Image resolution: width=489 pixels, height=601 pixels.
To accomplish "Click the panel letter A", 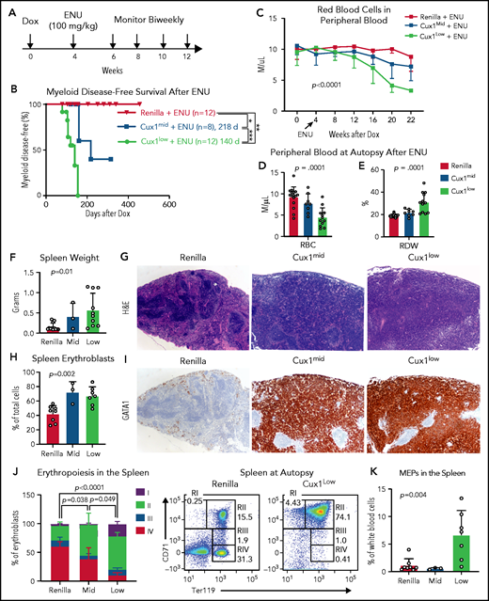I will [9, 8].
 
